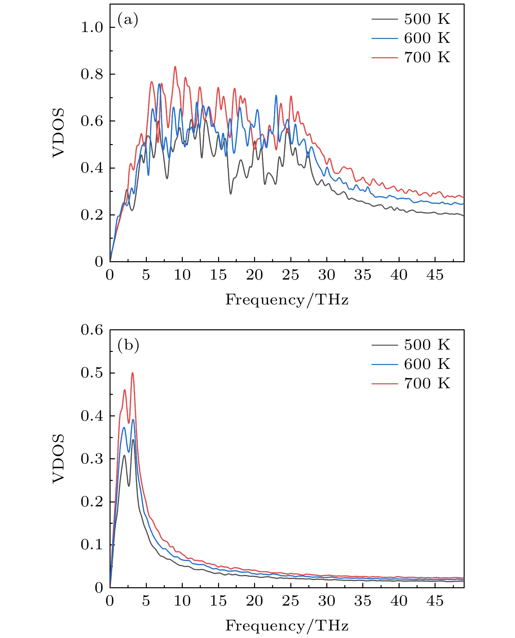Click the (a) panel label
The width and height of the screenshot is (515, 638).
(x=128, y=20)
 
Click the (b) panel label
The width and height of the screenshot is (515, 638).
(x=128, y=345)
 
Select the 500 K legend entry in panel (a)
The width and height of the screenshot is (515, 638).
(x=411, y=19)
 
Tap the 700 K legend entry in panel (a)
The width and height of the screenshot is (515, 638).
(x=411, y=57)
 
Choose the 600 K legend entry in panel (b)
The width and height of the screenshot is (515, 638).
(x=411, y=364)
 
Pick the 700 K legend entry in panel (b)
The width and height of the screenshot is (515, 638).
(x=411, y=383)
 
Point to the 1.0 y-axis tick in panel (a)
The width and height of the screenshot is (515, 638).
(x=92, y=27)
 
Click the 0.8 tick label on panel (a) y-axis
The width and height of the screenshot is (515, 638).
(x=92, y=74)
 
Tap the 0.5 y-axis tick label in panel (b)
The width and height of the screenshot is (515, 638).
(x=92, y=373)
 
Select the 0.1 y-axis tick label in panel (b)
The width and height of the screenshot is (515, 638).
(x=92, y=545)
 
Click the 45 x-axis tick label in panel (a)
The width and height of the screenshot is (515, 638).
(x=435, y=275)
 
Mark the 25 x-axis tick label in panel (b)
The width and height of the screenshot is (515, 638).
(x=290, y=601)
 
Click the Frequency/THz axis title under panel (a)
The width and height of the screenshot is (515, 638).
(x=287, y=300)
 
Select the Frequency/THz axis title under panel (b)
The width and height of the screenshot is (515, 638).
(x=287, y=626)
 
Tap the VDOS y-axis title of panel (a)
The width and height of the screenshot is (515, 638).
(x=59, y=133)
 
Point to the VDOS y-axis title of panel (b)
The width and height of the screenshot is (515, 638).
(x=59, y=458)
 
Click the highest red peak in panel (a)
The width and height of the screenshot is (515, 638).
(x=175, y=67)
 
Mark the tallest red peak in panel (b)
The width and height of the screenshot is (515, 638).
(x=132, y=373)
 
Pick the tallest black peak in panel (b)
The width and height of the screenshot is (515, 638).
(x=133, y=440)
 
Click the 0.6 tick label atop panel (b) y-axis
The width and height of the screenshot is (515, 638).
(x=92, y=330)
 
